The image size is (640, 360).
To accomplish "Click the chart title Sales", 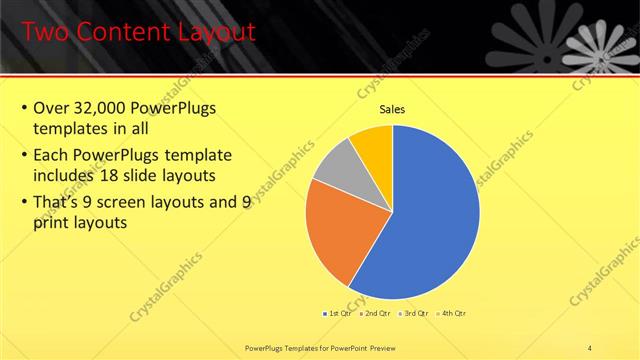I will (x=392, y=109).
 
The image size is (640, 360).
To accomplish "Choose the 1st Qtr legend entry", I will (x=337, y=313).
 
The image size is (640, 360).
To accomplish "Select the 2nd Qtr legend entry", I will (x=375, y=313).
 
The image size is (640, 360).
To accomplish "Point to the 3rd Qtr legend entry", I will (x=413, y=313).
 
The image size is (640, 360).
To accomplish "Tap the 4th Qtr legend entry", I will (x=451, y=313).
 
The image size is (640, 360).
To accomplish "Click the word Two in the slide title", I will (x=44, y=32).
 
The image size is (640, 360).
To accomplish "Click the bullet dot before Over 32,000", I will (x=23, y=108).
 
